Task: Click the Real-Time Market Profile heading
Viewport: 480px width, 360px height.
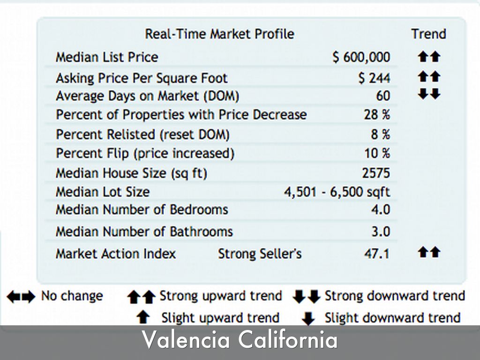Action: pyautogui.click(x=219, y=34)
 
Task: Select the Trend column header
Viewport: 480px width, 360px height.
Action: pyautogui.click(x=428, y=34)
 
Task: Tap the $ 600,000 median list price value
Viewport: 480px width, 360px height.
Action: pyautogui.click(x=361, y=57)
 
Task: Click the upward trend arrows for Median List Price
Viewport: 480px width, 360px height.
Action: pyautogui.click(x=429, y=57)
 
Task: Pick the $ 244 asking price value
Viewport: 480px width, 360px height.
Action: pyautogui.click(x=374, y=78)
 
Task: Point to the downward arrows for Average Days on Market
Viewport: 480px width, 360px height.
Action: pyautogui.click(x=429, y=94)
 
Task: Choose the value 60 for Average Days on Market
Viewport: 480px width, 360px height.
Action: pyautogui.click(x=382, y=96)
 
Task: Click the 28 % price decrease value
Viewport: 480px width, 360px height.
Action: pyautogui.click(x=377, y=115)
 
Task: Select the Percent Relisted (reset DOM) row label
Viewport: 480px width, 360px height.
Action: pyautogui.click(x=142, y=135)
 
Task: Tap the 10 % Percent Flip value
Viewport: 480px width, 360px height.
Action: pyautogui.click(x=377, y=153)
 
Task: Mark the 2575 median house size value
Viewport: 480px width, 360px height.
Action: pyautogui.click(x=376, y=173)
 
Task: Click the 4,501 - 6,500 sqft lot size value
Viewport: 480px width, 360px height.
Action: pyautogui.click(x=337, y=192)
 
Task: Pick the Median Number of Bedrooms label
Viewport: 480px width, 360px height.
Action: pyautogui.click(x=142, y=210)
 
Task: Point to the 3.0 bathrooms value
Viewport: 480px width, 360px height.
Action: pyautogui.click(x=380, y=232)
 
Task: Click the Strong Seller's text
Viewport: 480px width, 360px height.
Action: pyautogui.click(x=260, y=254)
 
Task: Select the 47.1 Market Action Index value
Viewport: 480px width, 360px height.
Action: pyautogui.click(x=377, y=254)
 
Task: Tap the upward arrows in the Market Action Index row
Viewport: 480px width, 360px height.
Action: pyautogui.click(x=429, y=252)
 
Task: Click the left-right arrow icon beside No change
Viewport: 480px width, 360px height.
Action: pyautogui.click(x=21, y=297)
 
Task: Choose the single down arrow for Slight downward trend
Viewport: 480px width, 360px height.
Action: pyautogui.click(x=308, y=319)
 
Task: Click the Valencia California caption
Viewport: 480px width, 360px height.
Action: pyautogui.click(x=240, y=340)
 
